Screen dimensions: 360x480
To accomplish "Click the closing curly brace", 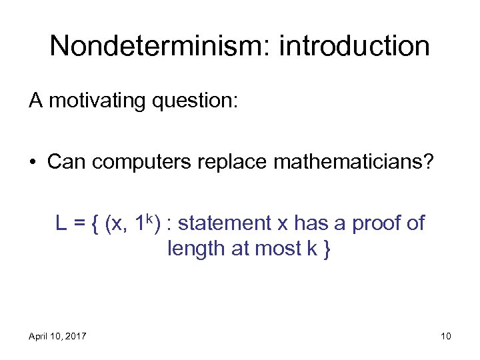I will [325, 249].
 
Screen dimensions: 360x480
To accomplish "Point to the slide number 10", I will [445, 335].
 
